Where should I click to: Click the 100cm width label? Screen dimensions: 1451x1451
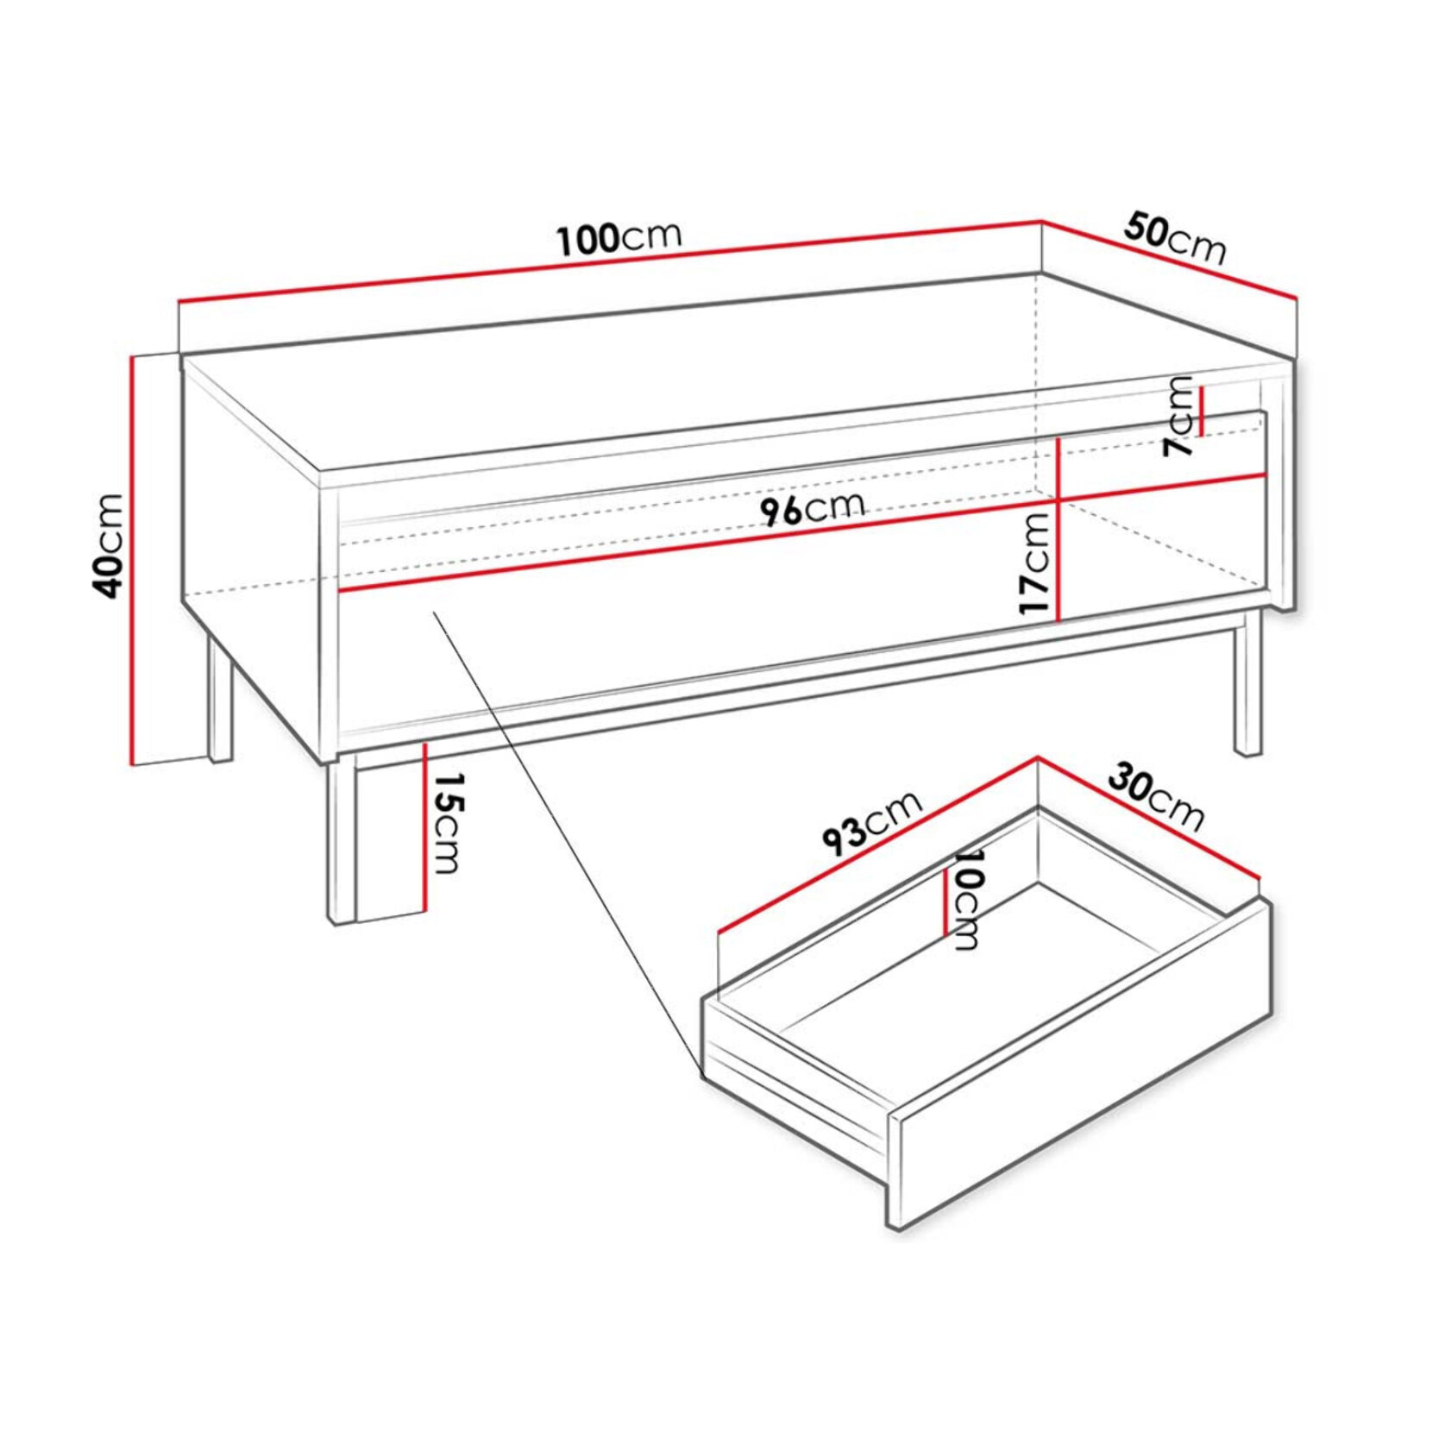pos(619,238)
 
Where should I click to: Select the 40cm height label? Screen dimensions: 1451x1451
pos(109,545)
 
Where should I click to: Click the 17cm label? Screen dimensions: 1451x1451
pos(1035,562)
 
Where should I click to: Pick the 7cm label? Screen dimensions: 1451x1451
pos(1178,416)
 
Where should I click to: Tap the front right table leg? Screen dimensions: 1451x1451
pos(1247,682)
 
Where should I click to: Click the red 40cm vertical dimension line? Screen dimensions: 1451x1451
pos(133,560)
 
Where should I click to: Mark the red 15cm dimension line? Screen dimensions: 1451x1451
pos(425,826)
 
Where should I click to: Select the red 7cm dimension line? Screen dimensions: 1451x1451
pos(1201,411)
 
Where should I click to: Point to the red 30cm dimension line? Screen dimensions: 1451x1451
pos(1148,818)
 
